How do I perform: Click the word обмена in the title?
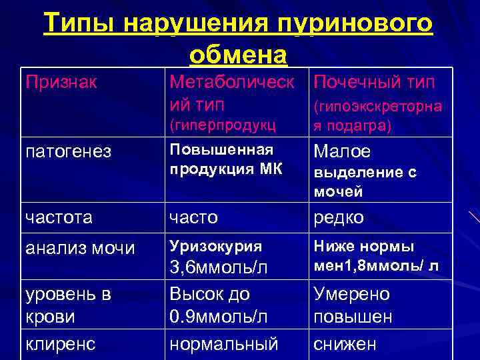point(239,55)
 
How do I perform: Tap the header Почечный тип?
point(374,83)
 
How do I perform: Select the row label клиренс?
point(62,343)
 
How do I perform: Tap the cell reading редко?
point(339,217)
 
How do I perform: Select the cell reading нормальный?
point(224,343)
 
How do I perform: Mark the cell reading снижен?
point(345,343)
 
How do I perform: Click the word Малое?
point(342,151)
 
